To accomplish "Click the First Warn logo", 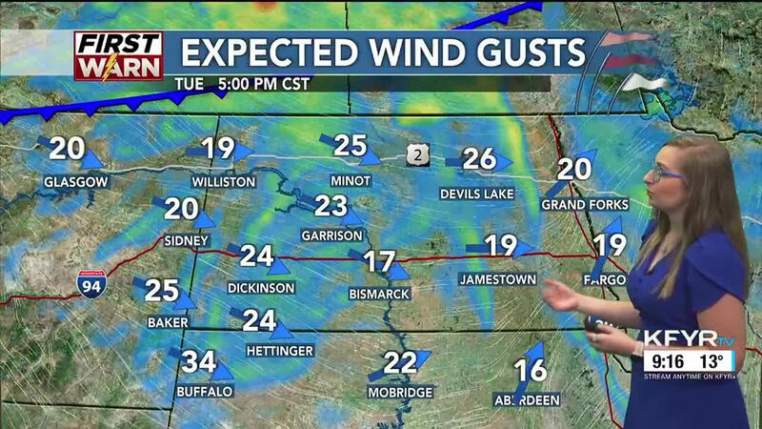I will [119, 56].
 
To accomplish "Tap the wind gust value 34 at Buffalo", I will [199, 362].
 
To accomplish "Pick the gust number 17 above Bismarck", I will [380, 260].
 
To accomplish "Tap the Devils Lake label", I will [476, 194].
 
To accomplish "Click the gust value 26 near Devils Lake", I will [479, 158].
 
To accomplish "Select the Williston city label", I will [223, 181].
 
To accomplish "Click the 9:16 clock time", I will [665, 361].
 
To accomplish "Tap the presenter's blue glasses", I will [670, 174].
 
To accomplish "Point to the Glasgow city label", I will [75, 181].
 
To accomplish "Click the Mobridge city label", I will [400, 393].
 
